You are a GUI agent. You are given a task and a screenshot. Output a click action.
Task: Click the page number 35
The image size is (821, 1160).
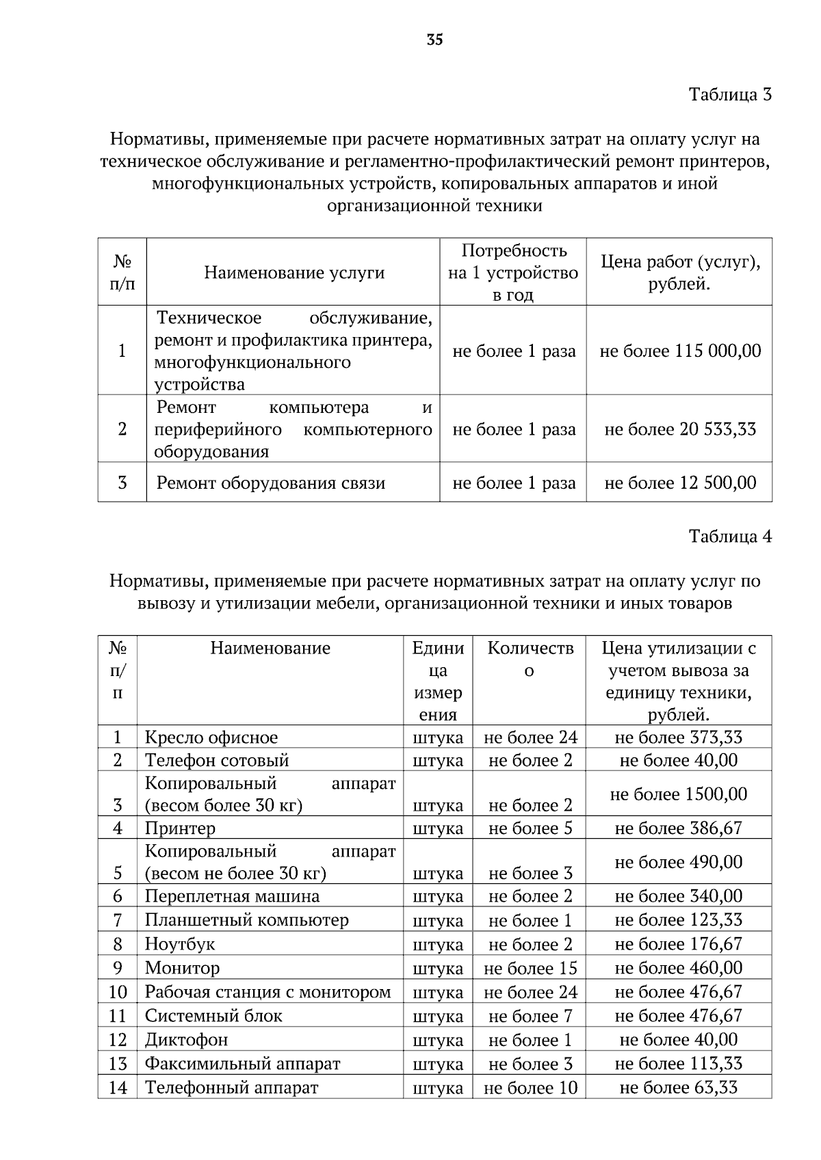click(435, 40)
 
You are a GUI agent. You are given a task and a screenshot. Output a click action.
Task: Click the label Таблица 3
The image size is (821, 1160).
click(730, 94)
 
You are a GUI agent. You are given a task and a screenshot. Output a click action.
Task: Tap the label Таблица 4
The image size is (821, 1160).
click(730, 537)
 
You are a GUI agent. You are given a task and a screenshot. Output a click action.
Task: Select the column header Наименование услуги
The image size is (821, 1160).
click(294, 273)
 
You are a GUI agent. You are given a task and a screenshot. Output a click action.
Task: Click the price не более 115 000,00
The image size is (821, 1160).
click(680, 351)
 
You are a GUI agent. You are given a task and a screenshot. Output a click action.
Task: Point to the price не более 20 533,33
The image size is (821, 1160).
click(680, 429)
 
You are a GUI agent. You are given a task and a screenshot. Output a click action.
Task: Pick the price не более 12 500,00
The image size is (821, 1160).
click(680, 483)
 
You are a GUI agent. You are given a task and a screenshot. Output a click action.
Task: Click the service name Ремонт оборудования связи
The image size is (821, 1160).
click(271, 483)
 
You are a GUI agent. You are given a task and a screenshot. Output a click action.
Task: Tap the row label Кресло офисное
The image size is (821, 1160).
click(211, 738)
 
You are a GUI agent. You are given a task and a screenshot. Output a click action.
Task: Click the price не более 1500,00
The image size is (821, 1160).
click(679, 794)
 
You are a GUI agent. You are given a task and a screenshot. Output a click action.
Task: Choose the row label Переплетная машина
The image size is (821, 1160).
click(232, 896)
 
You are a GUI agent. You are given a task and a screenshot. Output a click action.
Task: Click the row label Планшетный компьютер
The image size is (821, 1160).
click(246, 920)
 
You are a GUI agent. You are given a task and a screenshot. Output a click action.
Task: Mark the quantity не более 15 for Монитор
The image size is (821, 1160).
click(530, 969)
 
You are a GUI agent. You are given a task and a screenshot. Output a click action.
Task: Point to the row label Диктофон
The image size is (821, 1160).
click(186, 1040)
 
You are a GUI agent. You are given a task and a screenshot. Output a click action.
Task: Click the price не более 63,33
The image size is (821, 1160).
click(679, 1087)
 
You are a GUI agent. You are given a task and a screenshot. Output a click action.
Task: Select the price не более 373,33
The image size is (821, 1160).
click(679, 738)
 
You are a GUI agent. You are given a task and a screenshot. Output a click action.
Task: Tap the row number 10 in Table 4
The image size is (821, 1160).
click(118, 992)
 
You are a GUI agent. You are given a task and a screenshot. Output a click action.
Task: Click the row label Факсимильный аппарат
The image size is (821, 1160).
click(242, 1064)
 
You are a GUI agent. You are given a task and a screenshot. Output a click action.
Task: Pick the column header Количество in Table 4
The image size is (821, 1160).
click(530, 658)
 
